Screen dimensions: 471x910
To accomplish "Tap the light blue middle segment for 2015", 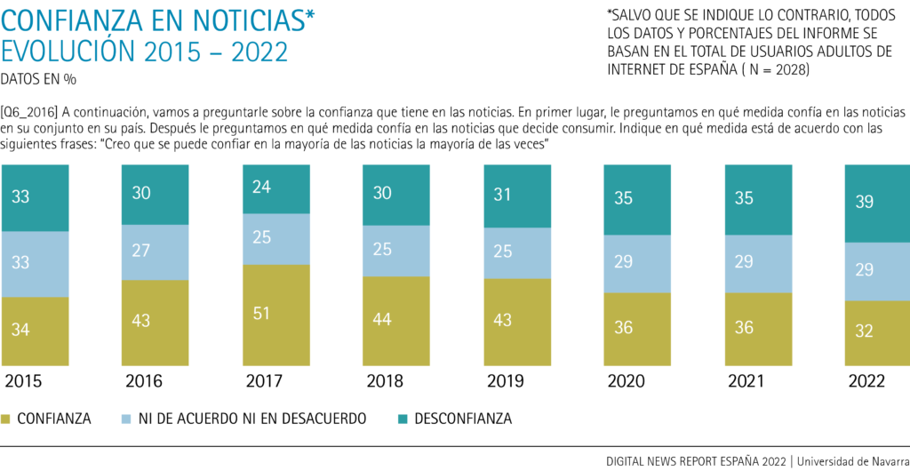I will (36, 264).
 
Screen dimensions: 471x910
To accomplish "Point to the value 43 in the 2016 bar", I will (140, 320).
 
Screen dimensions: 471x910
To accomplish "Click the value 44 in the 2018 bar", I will (382, 319).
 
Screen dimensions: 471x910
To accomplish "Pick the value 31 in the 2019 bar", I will (502, 193).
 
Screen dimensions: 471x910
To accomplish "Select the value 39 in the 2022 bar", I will (864, 202).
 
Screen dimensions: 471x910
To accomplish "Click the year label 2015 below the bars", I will (27, 381).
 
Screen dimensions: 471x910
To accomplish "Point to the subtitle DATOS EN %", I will (38, 79).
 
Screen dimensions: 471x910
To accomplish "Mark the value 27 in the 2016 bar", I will (140, 252).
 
